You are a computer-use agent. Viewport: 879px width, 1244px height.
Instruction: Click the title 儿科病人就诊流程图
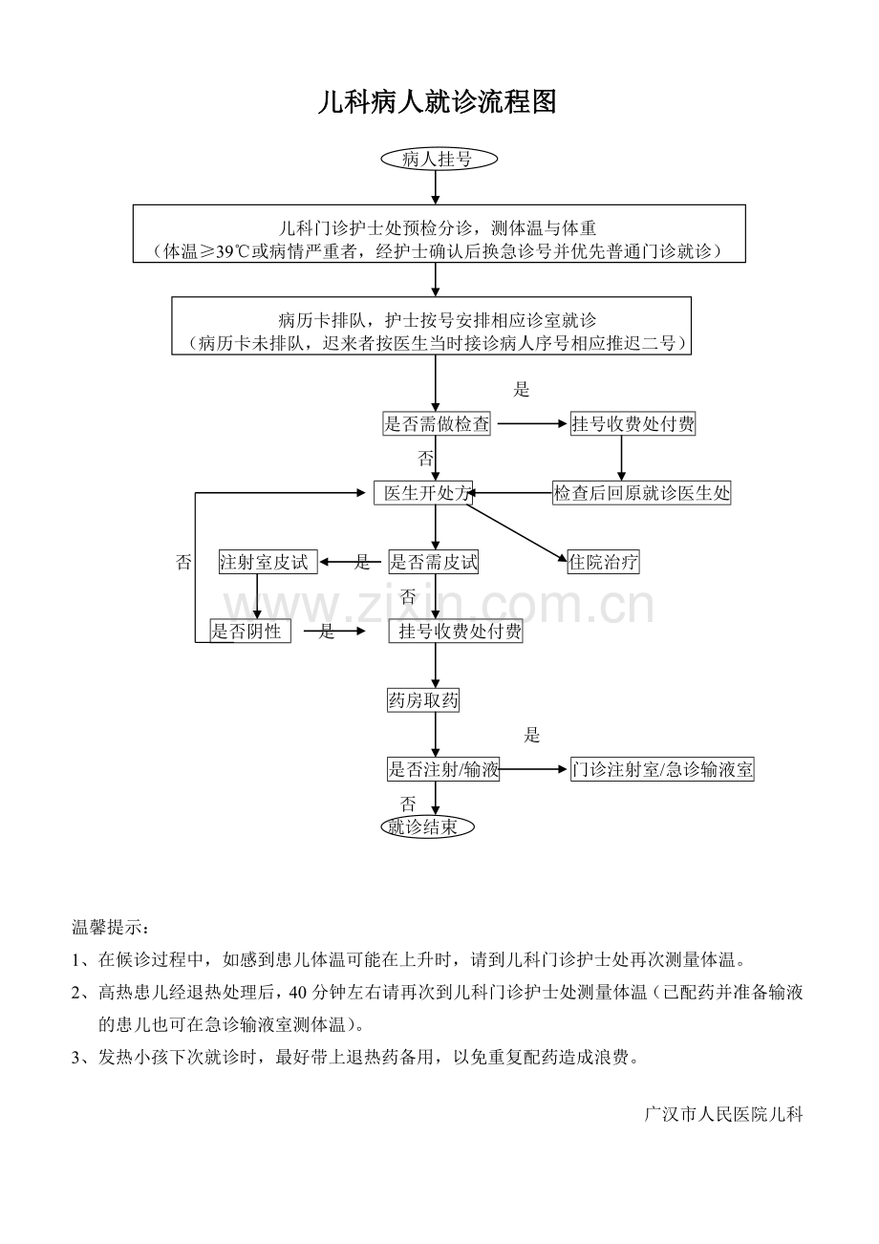point(437,102)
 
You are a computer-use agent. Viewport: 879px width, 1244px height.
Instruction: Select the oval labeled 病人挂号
point(439,159)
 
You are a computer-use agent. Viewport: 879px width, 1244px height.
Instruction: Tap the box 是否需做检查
point(437,423)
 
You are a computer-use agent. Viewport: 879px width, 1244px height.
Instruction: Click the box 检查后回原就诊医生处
point(641,493)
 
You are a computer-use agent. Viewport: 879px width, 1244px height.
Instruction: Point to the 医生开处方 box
point(423,493)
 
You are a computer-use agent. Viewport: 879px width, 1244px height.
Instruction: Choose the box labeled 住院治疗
point(603,562)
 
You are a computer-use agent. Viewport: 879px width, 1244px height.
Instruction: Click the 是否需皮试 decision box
point(433,562)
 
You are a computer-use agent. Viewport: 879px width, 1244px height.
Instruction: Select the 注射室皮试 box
point(268,562)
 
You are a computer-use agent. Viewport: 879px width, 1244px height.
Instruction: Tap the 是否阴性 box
point(250,631)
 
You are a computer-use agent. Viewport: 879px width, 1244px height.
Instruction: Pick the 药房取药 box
point(423,700)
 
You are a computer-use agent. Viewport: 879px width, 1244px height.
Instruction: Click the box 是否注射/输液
point(443,769)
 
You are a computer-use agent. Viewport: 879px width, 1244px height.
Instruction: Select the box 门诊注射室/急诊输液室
point(662,769)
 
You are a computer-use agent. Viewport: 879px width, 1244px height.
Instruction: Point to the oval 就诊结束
point(428,826)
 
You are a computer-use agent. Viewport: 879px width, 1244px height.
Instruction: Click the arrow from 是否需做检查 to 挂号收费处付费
point(531,423)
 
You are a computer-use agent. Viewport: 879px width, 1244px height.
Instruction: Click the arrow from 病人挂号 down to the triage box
point(436,187)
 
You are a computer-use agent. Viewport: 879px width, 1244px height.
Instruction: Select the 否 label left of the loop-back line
point(183,562)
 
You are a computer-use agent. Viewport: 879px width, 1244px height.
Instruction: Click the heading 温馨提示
point(111,927)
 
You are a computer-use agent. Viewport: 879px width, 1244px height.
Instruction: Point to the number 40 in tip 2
point(298,992)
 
